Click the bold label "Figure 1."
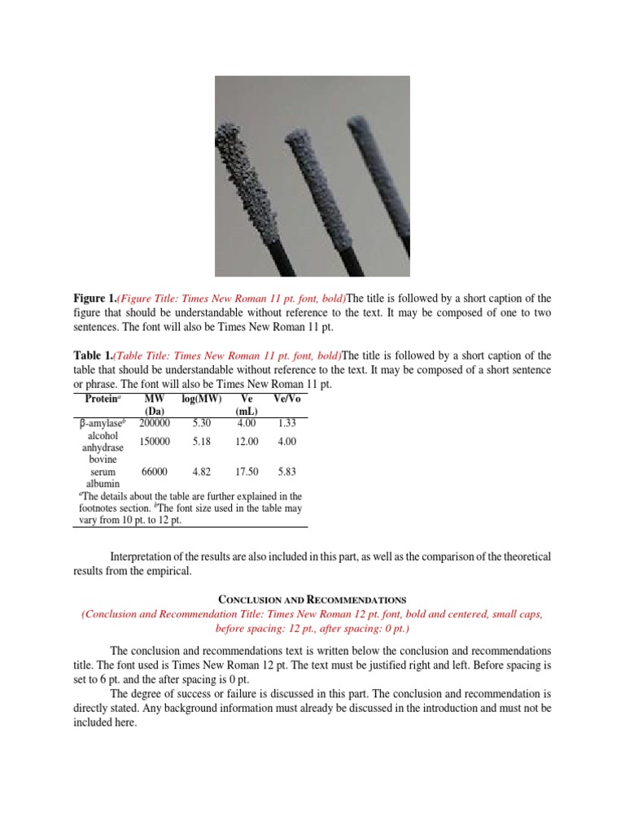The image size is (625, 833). (94, 299)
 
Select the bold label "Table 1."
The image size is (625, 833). (92, 355)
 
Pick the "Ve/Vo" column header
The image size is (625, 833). (286, 399)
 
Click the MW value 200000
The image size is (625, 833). (155, 423)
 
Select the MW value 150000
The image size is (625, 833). (155, 441)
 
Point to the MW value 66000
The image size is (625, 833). (155, 471)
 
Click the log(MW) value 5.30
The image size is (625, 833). (201, 423)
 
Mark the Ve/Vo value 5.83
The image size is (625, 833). (286, 471)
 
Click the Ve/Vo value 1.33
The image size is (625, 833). (286, 423)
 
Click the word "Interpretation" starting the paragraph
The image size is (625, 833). (142, 556)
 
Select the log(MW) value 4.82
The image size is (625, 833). (201, 471)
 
